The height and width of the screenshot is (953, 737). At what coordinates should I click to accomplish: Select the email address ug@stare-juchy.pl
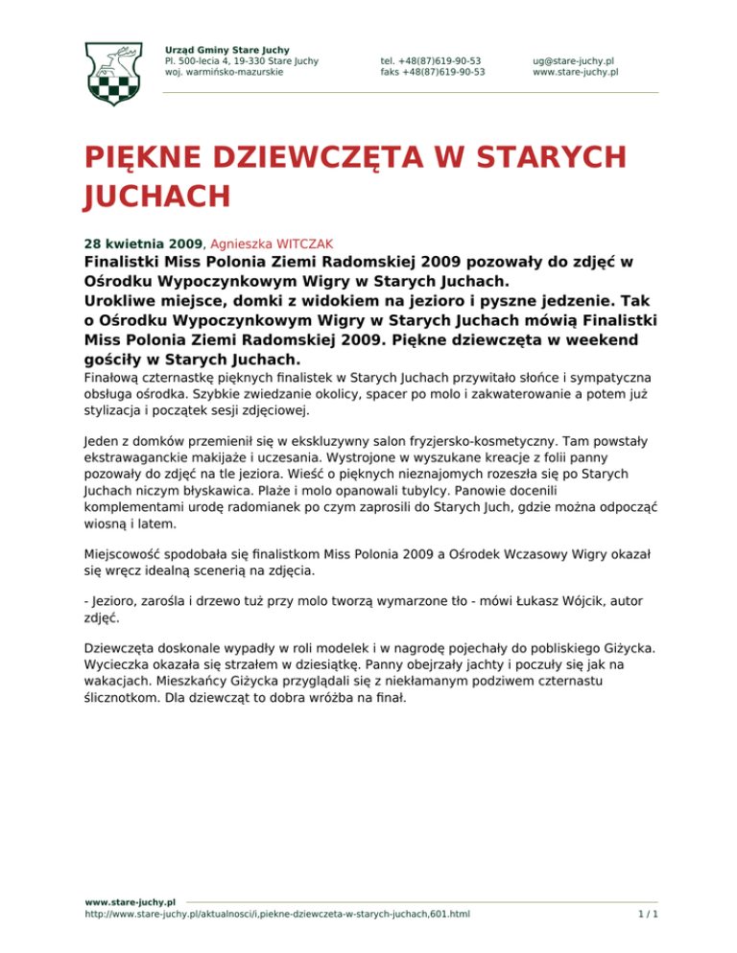pos(574,59)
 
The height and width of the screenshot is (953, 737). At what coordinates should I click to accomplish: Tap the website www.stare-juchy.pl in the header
pos(575,71)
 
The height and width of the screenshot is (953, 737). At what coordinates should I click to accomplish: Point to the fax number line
pos(432,71)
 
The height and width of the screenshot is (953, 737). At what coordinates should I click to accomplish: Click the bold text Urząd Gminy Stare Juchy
pos(227,49)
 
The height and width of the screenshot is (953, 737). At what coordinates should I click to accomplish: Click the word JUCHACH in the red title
pos(157,197)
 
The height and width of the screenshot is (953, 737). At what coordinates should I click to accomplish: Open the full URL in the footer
pos(277,915)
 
